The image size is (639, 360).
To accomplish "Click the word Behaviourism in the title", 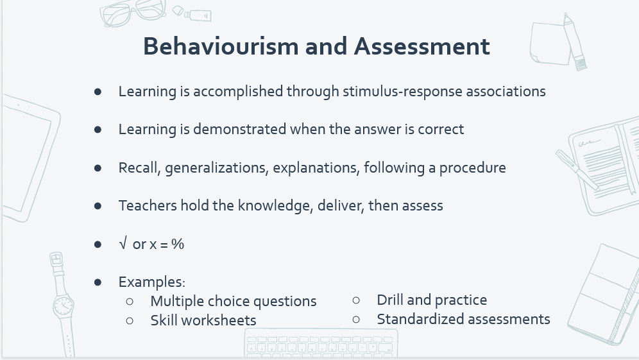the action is coord(221,46).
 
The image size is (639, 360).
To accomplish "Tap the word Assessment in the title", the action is coord(422,46).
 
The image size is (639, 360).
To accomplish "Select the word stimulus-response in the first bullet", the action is coord(402,91).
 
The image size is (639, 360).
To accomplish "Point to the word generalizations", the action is coord(216,168).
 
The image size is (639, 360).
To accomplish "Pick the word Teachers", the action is coord(148,205).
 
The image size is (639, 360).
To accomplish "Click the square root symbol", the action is coord(123,244).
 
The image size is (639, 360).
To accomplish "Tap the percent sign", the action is coord(178,244).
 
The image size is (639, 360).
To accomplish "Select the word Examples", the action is coord(151,282).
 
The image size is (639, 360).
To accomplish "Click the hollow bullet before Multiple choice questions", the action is coord(130,302).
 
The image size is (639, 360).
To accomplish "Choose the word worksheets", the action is coord(218,320).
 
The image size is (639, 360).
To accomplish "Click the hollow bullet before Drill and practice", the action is coord(356,300).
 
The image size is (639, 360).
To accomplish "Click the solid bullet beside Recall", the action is coord(98,168).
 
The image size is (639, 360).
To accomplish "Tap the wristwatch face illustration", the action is coord(63,305).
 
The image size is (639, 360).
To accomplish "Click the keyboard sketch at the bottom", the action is coord(321,344).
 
